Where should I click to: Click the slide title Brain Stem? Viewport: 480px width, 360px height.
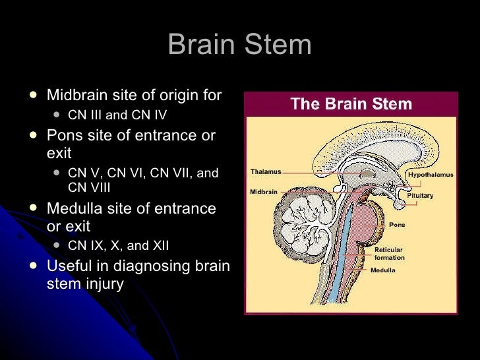coord(239,45)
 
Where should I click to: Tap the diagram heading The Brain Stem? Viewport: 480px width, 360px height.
coord(351,104)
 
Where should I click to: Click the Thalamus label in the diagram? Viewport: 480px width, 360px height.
coord(266,172)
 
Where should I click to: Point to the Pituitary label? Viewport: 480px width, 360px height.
coord(419,196)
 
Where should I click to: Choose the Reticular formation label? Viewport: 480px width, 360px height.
coord(390,253)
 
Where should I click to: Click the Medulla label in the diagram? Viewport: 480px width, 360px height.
coord(383,270)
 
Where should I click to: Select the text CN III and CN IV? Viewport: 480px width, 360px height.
coord(117,115)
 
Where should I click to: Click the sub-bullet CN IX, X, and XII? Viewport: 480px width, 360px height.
coord(119,246)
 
